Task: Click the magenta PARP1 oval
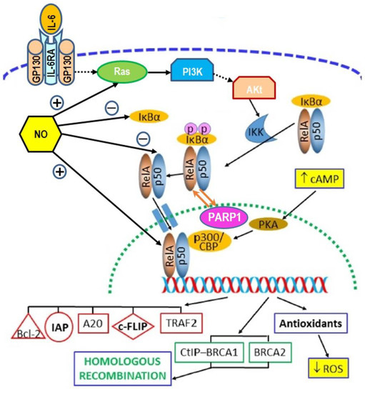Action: coord(224,215)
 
